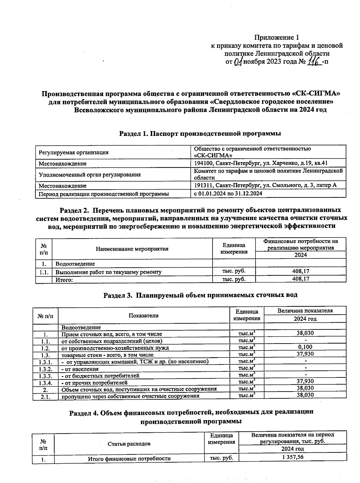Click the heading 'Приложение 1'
[276, 37]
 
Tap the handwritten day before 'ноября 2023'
[238, 62]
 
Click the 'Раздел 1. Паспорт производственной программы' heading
[200, 134]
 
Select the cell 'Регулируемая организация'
[73, 152]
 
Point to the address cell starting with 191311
[265, 185]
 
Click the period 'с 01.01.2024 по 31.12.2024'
[228, 194]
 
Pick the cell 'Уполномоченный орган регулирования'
[90, 175]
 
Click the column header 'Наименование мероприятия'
[132, 249]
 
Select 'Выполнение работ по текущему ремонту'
[108, 272]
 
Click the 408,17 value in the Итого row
[301, 279]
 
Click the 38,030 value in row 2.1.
[305, 395]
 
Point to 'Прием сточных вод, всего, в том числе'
[112, 334]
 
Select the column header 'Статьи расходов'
[129, 444]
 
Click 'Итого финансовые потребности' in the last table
[129, 458]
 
